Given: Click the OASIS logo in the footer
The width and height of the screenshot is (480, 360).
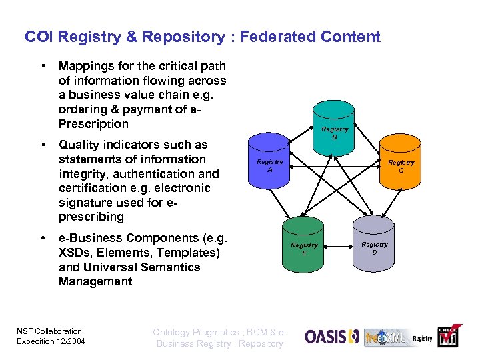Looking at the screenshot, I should [332, 337].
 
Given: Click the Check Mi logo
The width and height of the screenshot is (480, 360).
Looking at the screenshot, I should [447, 337].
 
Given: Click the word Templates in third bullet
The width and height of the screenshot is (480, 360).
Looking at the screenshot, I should [190, 253].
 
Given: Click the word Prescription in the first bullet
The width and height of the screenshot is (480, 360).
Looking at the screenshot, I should [93, 124].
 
